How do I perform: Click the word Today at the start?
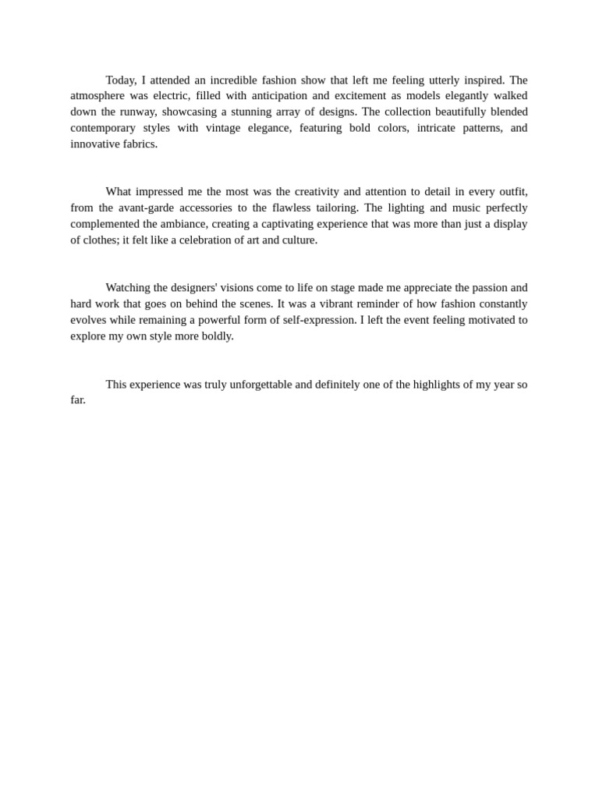pyautogui.click(x=121, y=80)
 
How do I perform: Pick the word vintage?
pyautogui.click(x=223, y=128)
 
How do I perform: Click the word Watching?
pyautogui.click(x=130, y=288)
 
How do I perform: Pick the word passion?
pyautogui.click(x=488, y=288)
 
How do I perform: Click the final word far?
pyautogui.click(x=77, y=400)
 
